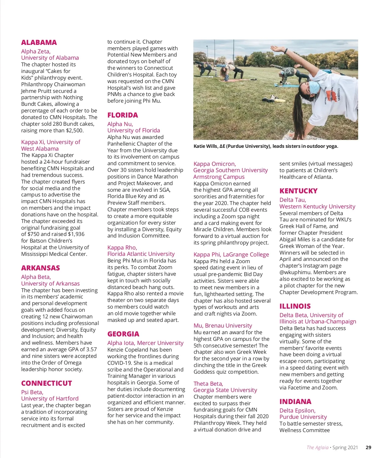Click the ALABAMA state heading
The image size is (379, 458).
point(39,42)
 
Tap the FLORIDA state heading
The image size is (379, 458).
point(123,115)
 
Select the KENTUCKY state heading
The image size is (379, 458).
point(298,191)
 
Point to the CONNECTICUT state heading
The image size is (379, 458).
point(46,383)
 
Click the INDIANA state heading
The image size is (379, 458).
point(295,401)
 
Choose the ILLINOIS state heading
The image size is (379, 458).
point(295,306)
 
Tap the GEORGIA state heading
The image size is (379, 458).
point(123,334)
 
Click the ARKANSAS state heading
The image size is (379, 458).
point(40,268)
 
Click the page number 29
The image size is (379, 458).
point(368,447)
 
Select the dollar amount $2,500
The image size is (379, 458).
point(75,130)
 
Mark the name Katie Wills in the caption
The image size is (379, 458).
point(206,146)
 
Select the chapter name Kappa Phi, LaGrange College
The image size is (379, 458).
point(231,255)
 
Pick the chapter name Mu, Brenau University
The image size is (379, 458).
point(223,326)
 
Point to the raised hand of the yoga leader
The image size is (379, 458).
point(275,49)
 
